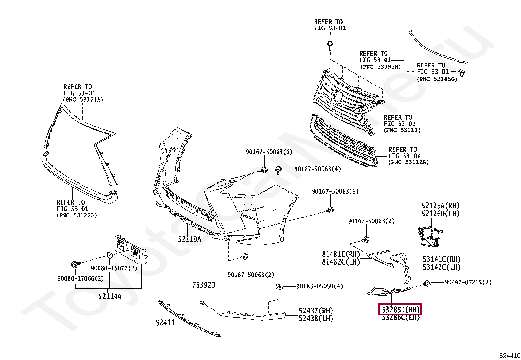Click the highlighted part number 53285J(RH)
(x=399, y=310)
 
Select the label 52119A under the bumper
(x=189, y=239)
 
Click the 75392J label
(x=204, y=285)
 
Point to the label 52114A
(x=110, y=296)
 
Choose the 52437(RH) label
(x=315, y=311)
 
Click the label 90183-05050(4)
(x=320, y=286)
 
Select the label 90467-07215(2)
(x=468, y=282)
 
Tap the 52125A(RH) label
(x=440, y=206)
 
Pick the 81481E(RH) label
(x=341, y=254)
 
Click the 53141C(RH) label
(x=441, y=259)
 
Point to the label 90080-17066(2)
(x=81, y=278)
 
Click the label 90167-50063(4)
(x=317, y=169)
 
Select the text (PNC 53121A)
(x=83, y=100)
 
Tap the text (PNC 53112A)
(x=408, y=162)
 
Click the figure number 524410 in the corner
(x=510, y=356)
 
